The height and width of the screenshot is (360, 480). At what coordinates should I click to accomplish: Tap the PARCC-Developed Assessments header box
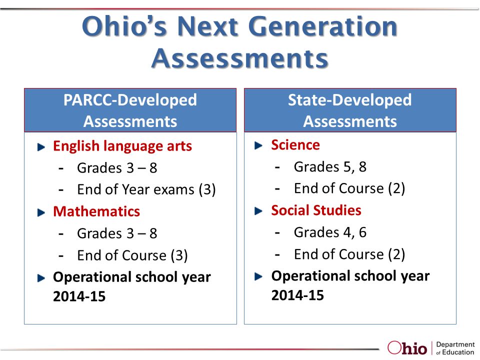[x=130, y=110]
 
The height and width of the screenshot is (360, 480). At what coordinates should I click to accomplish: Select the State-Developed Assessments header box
[x=350, y=110]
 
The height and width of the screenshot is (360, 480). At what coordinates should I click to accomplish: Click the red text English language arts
[x=122, y=146]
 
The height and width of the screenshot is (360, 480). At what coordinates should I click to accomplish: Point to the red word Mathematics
[x=96, y=211]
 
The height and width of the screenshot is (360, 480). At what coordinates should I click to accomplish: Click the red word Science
[x=295, y=145]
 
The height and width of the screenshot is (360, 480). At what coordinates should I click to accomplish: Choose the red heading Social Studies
[x=316, y=210]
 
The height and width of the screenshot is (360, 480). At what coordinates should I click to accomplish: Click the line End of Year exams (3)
[x=146, y=190]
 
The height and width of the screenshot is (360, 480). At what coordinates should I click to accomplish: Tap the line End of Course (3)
[x=132, y=255]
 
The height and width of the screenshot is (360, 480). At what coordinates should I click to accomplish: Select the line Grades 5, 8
[x=330, y=167]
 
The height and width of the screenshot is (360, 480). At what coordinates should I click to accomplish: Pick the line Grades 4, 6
[x=330, y=232]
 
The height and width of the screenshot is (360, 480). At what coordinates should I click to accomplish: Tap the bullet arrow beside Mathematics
[x=40, y=212]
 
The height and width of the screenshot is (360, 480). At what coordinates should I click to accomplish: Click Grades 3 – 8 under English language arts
[x=117, y=168]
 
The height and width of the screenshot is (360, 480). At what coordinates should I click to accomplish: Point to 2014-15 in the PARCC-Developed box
[x=79, y=296]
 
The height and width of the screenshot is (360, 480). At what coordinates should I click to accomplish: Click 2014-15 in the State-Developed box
[x=297, y=295]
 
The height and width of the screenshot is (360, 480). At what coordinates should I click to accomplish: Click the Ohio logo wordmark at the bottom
[x=407, y=347]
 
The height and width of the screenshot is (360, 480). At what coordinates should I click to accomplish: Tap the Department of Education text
[x=455, y=348]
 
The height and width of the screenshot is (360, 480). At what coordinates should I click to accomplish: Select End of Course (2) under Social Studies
[x=349, y=254]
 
